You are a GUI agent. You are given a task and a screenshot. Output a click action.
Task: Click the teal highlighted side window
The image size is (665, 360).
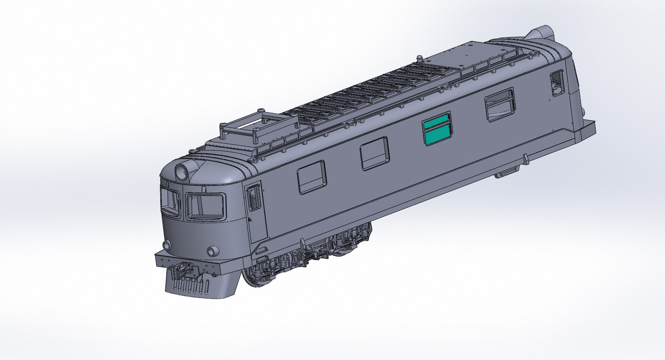pyautogui.click(x=437, y=128)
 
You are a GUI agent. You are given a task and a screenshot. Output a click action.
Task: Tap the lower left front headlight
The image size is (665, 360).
pyautogui.click(x=167, y=245)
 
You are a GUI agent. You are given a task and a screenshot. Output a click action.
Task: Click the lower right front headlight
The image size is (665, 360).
pyautogui.click(x=212, y=251)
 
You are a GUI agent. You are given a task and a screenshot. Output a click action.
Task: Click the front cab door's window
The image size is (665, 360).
pyautogui.click(x=254, y=198)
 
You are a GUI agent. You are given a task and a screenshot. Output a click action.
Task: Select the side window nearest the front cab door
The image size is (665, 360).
pyautogui.click(x=312, y=177)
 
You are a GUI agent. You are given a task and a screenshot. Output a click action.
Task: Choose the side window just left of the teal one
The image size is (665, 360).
pyautogui.click(x=375, y=153)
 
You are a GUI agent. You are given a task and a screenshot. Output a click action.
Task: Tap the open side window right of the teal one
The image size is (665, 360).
pyautogui.click(x=500, y=104)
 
